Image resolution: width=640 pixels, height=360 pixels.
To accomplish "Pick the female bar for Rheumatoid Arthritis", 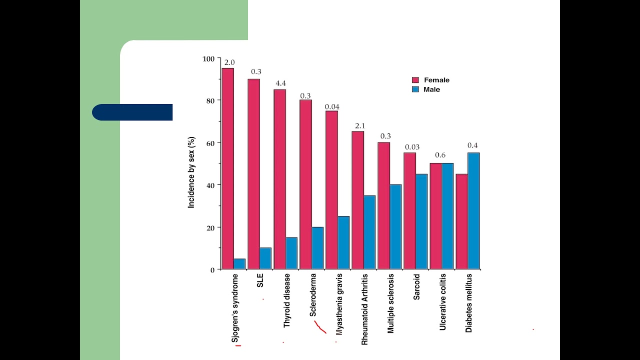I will coord(357,200).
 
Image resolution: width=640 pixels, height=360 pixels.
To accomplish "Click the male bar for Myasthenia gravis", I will coord(343,242).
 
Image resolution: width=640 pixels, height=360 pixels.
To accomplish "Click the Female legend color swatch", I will coord(415,80).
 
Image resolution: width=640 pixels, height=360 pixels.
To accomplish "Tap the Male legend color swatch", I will coord(415,89).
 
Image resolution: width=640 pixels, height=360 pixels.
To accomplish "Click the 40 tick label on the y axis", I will coord(209,185).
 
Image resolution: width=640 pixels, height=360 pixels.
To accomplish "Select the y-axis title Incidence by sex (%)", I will coord(191,172).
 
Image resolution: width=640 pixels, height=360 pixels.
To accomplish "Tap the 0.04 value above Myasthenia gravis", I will coord(332,106).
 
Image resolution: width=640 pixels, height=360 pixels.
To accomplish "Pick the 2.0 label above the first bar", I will coord(229,62).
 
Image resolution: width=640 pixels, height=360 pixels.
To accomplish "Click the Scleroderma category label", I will coord(313,295).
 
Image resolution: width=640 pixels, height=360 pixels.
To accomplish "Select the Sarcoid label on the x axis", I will coord(416,286).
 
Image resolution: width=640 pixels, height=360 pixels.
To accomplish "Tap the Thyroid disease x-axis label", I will coord(287,300).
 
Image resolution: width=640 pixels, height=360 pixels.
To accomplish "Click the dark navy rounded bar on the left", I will coord(132,112).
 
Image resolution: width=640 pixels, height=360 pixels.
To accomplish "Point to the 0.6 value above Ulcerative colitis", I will coord(440,155).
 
